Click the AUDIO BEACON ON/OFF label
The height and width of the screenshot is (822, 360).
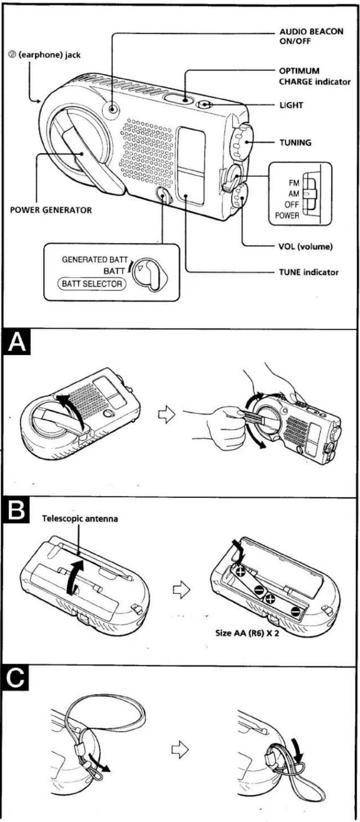[x=311, y=36]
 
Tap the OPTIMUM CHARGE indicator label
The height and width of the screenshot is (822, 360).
[x=315, y=76]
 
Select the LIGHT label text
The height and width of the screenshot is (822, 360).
[x=291, y=105]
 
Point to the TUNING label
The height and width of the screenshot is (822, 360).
[x=295, y=142]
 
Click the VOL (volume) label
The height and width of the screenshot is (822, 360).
[x=305, y=246]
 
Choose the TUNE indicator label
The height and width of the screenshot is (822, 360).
[x=308, y=272]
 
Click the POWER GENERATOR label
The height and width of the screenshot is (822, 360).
[x=51, y=210]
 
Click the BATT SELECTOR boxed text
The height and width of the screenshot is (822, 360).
[x=91, y=284]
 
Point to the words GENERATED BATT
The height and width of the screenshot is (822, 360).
[x=94, y=260]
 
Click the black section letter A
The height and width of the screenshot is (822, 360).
[x=17, y=342]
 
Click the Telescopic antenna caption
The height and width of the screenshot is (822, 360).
[x=80, y=519]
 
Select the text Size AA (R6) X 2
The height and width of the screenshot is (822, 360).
[x=247, y=633]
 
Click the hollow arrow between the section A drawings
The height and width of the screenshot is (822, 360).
[x=166, y=415]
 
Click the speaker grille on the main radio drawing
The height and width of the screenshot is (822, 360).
[x=146, y=153]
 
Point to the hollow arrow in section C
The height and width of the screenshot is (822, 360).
[x=180, y=750]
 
